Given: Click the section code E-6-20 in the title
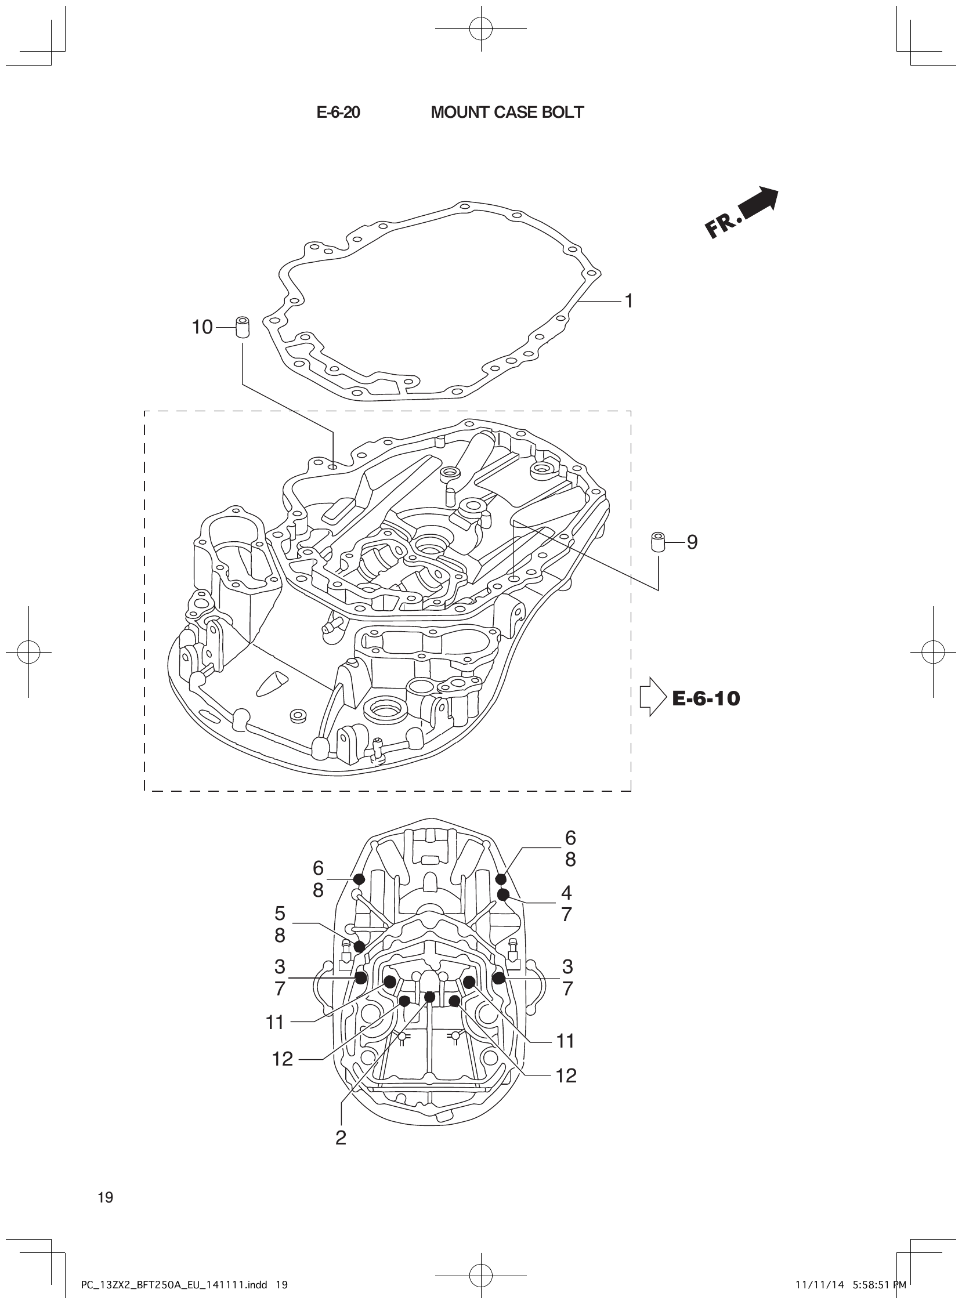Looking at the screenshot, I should pos(338,113).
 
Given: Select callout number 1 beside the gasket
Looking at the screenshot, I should pos(628,300).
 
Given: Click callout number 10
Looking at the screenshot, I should pos(202,327).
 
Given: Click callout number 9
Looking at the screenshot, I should pos(692,542).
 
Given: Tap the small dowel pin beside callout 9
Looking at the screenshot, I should pos(658,542).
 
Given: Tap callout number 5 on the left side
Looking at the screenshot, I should pos(280,913).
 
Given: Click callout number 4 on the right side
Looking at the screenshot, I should pos(566,892).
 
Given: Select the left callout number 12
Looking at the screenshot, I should pos(283,1059).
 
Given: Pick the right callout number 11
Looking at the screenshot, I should pos(566,1040).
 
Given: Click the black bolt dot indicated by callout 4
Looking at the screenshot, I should pos(503,894).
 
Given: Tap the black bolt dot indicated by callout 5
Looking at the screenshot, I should pos(359,946).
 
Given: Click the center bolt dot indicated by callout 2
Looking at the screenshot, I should pos(430,997).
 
